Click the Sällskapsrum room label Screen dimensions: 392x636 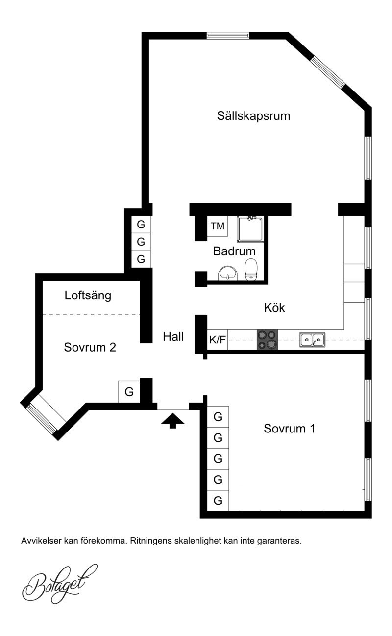tap(253, 116)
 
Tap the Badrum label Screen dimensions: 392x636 tap(234, 251)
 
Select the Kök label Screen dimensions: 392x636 tap(274, 308)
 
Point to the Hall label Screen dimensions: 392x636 tap(173, 337)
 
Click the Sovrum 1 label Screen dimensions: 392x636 tap(289, 429)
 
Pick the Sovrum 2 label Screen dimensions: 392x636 tap(90, 347)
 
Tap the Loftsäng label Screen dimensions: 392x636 tap(88, 295)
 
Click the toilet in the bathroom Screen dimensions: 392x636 tap(251, 269)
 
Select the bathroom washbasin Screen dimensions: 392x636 tap(227, 273)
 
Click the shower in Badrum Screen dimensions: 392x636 tap(250, 229)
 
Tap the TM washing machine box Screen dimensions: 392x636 tap(218, 227)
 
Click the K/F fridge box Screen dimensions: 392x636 tap(218, 340)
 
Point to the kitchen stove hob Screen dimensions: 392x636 tap(267, 340)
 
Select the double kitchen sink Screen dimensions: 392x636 tap(312, 340)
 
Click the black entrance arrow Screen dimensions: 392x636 tap(172, 421)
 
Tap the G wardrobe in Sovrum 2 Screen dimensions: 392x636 tap(129, 392)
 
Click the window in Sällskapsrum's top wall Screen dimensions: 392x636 tap(228, 36)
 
